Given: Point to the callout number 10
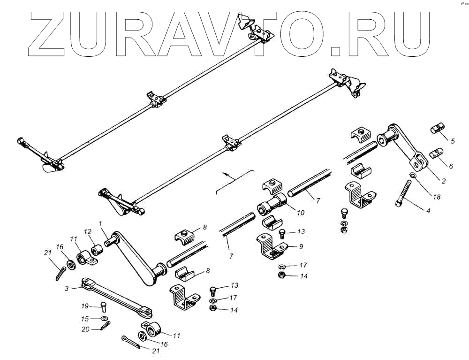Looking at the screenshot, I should [301, 213].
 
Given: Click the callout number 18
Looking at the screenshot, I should [437, 197].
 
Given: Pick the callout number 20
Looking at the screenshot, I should [85, 329].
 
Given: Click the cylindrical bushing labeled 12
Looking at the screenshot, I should [97, 249].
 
